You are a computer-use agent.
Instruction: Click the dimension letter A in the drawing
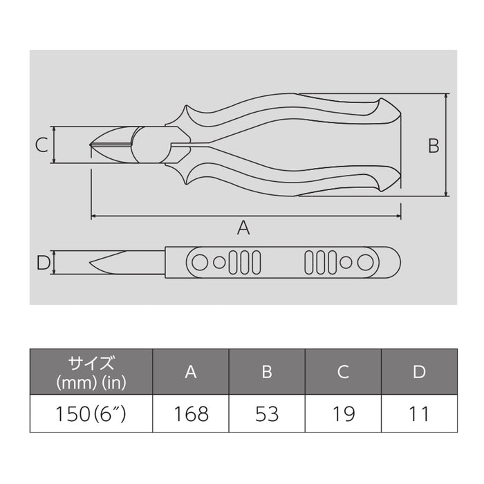point(243,227)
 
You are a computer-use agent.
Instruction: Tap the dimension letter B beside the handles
point(433,145)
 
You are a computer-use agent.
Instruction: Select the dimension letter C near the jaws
point(41,145)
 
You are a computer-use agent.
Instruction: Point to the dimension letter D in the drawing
point(41,263)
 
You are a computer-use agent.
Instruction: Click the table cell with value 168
point(191,413)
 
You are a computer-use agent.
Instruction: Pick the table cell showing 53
point(266,413)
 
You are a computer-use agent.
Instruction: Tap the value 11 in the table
point(418,413)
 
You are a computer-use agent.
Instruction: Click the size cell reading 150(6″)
point(91,413)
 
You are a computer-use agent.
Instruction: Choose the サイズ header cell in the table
point(91,371)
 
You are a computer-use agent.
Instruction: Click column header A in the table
point(191,372)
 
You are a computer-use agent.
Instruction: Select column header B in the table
point(266,372)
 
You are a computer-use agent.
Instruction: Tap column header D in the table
point(418,372)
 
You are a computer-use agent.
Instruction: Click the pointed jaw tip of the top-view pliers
point(92,145)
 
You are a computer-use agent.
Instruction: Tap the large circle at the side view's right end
point(368,263)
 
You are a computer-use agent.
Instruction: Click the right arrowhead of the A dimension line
point(398,216)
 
